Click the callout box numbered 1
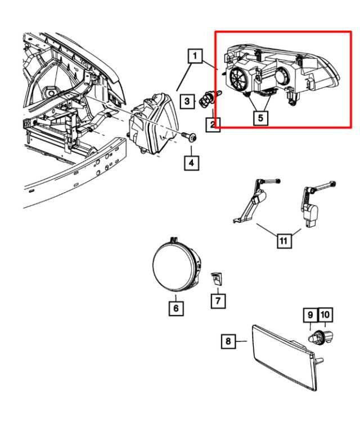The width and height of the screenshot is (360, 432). (195, 56)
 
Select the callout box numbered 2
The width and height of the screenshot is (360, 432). (213, 124)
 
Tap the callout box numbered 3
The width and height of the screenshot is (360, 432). (187, 101)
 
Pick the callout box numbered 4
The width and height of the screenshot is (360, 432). (191, 163)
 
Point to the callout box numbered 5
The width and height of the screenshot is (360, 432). (260, 118)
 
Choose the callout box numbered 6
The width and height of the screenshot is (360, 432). (176, 308)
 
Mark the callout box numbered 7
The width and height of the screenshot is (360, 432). (218, 301)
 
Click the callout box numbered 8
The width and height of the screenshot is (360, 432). (228, 341)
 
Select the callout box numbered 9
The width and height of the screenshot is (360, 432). (310, 315)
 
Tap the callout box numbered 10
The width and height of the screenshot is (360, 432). (325, 315)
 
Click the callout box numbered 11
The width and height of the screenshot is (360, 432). (284, 241)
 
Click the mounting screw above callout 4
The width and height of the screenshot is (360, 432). (189, 137)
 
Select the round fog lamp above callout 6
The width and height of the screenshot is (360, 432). (177, 264)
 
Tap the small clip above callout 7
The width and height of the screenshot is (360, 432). (217, 279)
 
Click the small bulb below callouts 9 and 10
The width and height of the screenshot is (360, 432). (320, 337)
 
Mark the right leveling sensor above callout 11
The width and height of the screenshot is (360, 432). (316, 204)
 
